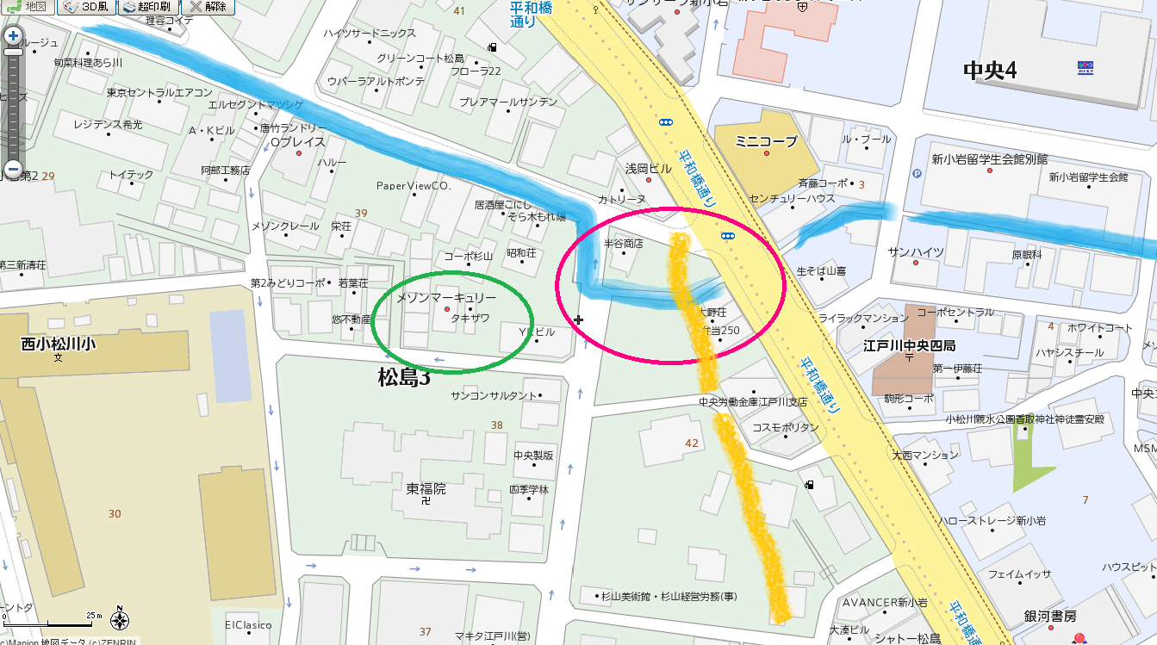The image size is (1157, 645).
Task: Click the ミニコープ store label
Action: click(767, 140)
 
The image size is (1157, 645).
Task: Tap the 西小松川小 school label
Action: click(59, 344)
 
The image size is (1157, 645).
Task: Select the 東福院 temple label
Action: click(426, 488)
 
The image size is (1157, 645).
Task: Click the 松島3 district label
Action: click(403, 377)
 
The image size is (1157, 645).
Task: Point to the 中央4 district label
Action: click(990, 70)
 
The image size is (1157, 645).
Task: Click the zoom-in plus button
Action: click(13, 36)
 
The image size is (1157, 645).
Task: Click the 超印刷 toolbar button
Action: click(146, 6)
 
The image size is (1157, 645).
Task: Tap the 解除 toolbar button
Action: click(208, 6)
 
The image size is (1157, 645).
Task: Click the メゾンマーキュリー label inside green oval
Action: click(446, 297)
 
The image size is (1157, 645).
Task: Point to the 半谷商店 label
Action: click(624, 244)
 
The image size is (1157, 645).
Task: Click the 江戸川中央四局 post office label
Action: click(909, 346)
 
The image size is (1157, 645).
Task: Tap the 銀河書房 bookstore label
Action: click(1050, 616)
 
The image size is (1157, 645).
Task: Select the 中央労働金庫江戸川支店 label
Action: click(753, 401)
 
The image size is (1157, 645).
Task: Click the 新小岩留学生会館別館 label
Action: click(989, 158)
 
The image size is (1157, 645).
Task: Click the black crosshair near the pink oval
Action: click(578, 320)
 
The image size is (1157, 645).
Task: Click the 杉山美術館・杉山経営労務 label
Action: click(669, 596)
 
